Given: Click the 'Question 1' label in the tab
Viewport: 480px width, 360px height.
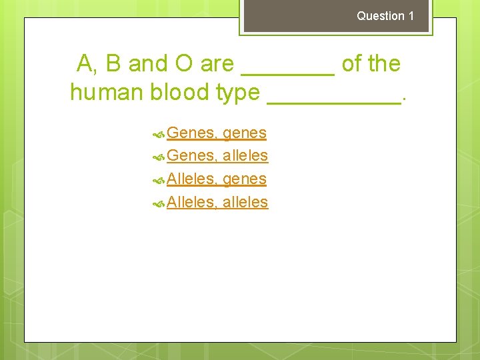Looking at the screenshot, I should [x=385, y=16].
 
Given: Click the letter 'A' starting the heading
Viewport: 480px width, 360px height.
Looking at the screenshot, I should [x=85, y=64].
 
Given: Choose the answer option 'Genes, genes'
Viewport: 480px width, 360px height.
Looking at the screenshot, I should [x=217, y=133].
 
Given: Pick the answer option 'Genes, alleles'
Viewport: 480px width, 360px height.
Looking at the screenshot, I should [x=217, y=156].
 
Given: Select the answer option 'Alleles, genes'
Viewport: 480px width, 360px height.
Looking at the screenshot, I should [x=217, y=179].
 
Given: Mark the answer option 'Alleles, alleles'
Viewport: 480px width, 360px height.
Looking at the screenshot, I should [x=217, y=202].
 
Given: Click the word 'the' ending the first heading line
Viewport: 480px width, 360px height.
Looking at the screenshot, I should [x=384, y=64].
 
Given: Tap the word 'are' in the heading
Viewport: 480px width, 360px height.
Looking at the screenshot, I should [x=217, y=65].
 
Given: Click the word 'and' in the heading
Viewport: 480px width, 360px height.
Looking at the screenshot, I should [x=147, y=64].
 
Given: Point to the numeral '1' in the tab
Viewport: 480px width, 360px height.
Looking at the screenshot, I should [x=411, y=16].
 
